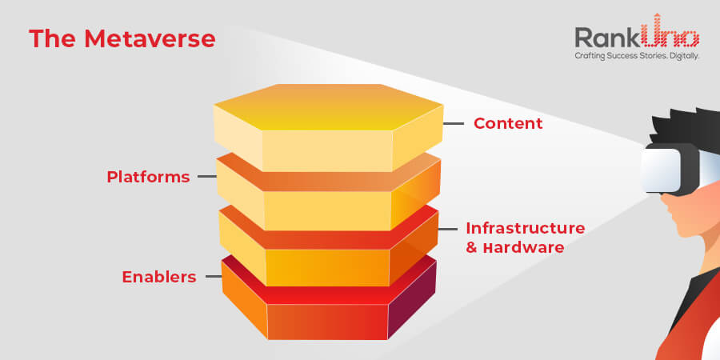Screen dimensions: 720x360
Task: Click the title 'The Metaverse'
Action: pos(122,38)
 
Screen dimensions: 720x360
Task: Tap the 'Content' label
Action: pos(508,123)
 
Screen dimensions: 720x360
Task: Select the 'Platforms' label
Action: pos(148,177)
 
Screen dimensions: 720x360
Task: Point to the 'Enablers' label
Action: pos(159,277)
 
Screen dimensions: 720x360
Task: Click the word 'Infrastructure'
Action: pos(526,228)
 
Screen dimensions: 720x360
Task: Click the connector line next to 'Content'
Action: pos(454,123)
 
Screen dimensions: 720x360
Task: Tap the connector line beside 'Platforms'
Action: pos(207,177)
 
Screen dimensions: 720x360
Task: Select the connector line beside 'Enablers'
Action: pos(214,277)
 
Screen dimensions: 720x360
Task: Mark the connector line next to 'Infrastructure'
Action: pos(448,229)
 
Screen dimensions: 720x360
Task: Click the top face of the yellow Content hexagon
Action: pos(328,106)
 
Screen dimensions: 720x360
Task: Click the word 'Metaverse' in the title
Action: pos(150,38)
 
